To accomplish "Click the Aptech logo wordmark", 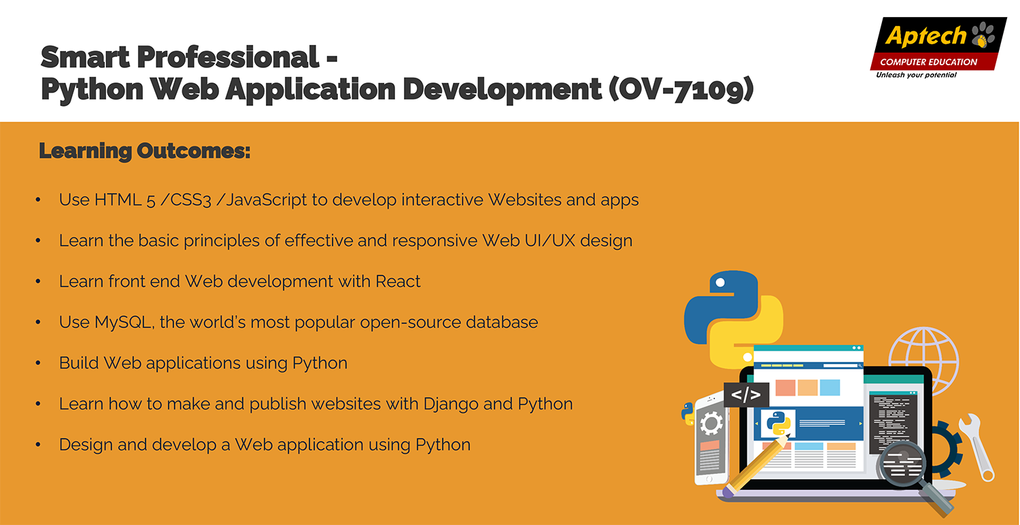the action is [925, 35].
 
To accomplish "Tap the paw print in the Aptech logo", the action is [983, 35].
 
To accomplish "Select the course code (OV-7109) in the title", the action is [681, 89].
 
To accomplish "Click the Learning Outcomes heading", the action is [145, 151].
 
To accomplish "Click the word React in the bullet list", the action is [398, 282].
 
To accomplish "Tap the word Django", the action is [451, 405].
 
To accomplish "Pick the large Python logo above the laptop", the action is [734, 320].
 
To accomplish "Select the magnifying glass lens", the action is [902, 465].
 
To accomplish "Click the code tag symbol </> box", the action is [746, 395].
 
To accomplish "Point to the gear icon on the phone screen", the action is [711, 424].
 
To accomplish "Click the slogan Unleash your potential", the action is [916, 75].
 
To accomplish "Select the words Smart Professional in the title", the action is [180, 57].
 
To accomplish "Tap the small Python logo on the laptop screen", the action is [779, 424].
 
